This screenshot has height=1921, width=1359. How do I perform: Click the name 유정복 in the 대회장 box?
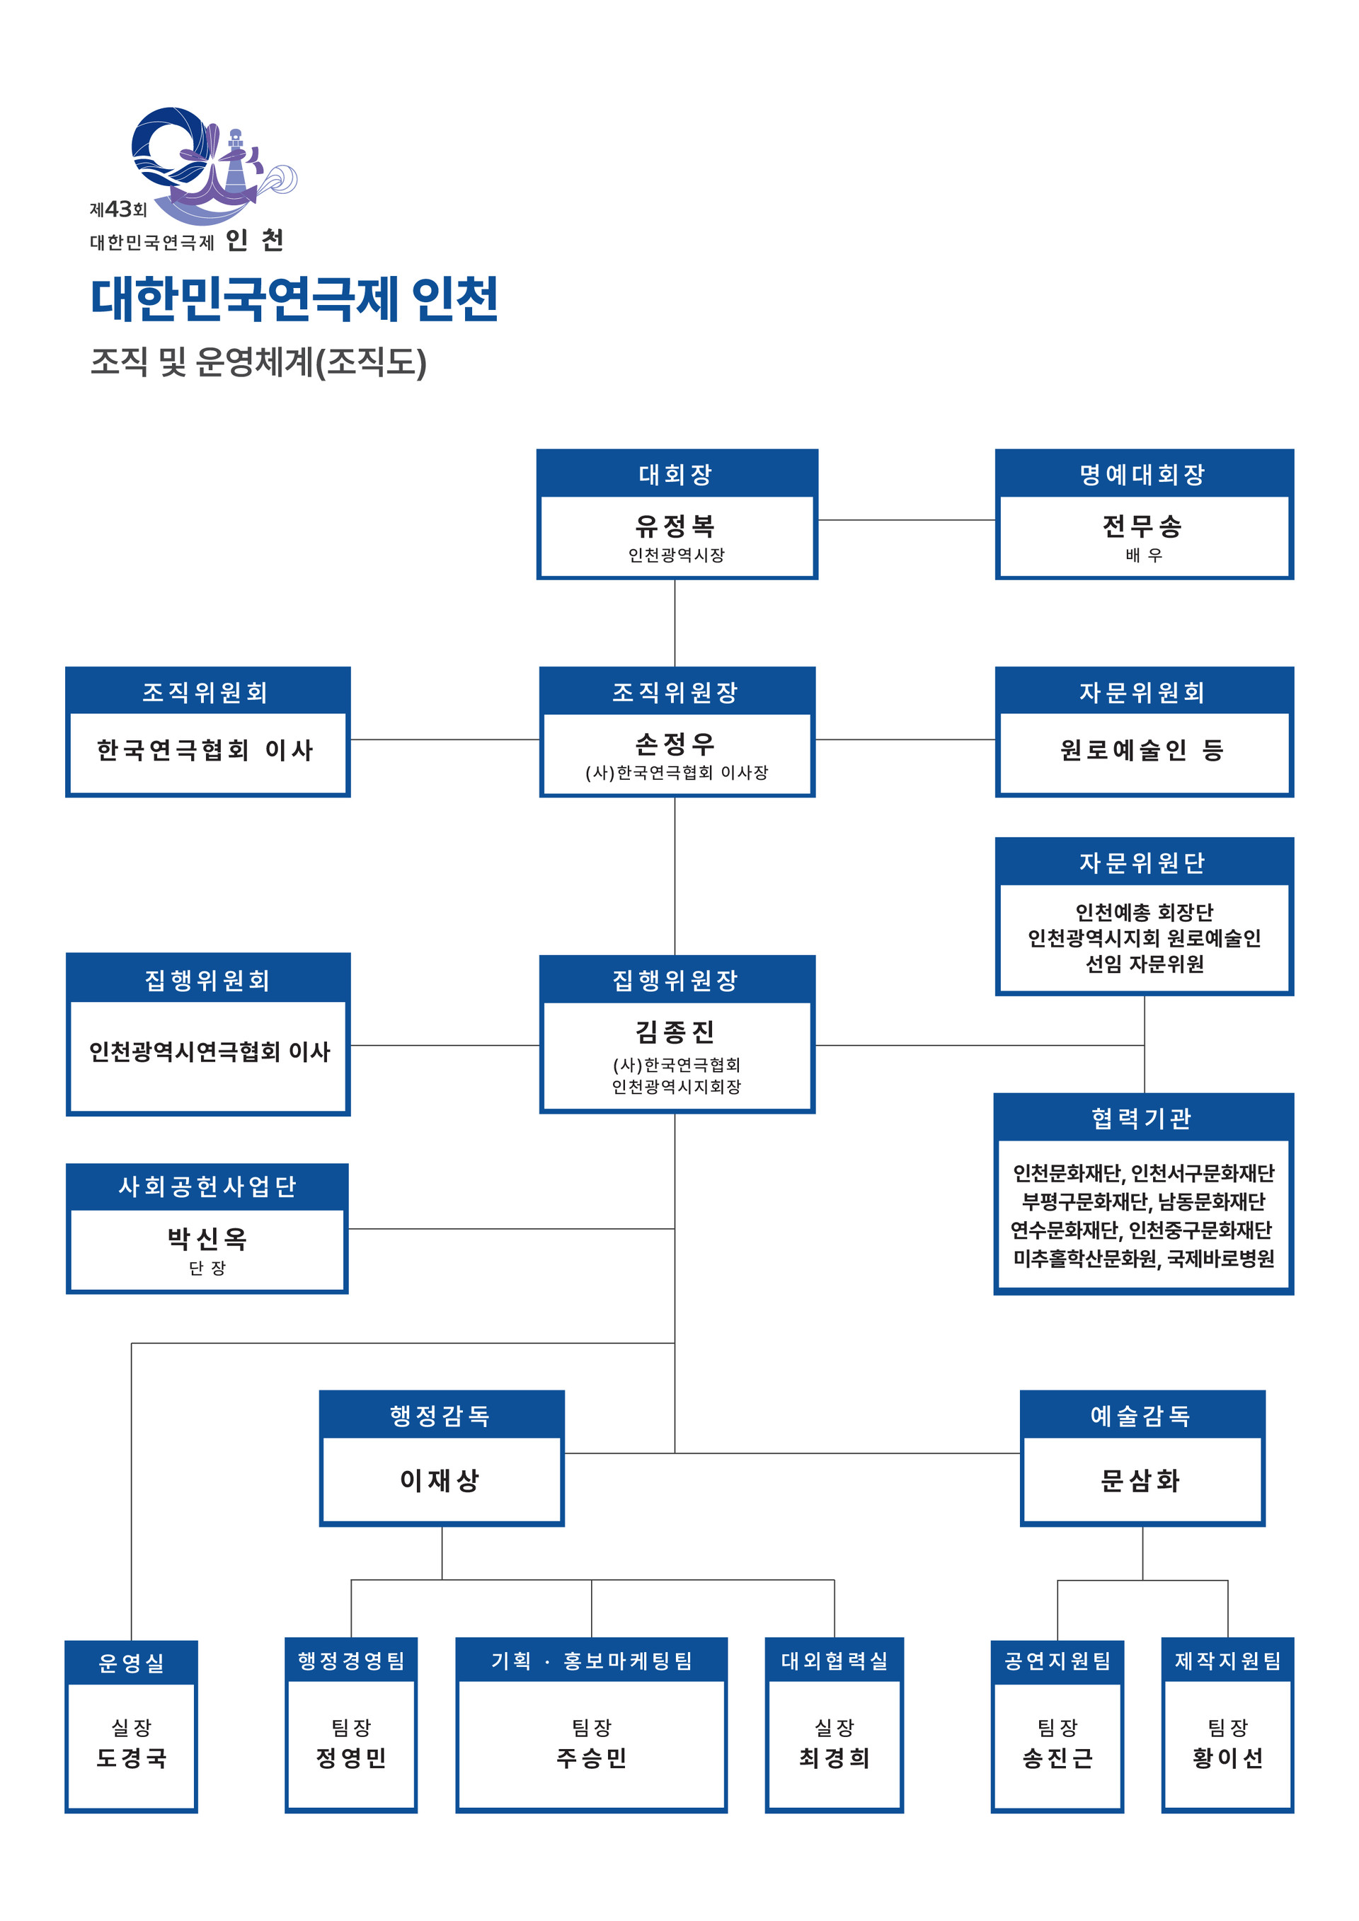pyautogui.click(x=675, y=526)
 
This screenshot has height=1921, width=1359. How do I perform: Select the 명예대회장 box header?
pyautogui.click(x=1143, y=474)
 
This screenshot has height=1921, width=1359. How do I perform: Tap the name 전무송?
pyautogui.click(x=1143, y=526)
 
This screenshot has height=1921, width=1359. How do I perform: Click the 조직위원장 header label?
pyautogui.click(x=675, y=692)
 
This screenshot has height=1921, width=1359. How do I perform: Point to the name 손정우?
pyautogui.click(x=675, y=743)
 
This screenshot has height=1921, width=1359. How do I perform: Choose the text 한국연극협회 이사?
pyautogui.click(x=206, y=750)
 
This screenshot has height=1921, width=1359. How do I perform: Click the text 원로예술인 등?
pyautogui.click(x=1142, y=750)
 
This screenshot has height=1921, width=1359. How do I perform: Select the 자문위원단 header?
pyautogui.click(x=1143, y=863)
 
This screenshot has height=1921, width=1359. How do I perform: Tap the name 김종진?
pyautogui.click(x=675, y=1032)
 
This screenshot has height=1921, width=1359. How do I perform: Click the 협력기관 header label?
pyautogui.click(x=1142, y=1119)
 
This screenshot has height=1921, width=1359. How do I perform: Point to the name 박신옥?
pyautogui.click(x=207, y=1239)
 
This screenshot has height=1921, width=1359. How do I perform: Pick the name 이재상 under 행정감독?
pyautogui.click(x=440, y=1480)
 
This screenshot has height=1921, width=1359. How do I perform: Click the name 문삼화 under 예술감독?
pyautogui.click(x=1142, y=1480)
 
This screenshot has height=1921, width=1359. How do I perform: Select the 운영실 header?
pyautogui.click(x=132, y=1663)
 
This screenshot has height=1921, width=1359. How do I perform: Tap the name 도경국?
pyautogui.click(x=132, y=1758)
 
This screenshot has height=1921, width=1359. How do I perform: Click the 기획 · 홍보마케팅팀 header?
pyautogui.click(x=592, y=1661)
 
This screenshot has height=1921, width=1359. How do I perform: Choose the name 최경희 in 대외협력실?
pyautogui.click(x=835, y=1758)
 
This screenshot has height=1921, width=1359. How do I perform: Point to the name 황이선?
pyautogui.click(x=1227, y=1758)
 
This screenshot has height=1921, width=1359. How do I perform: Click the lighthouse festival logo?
pyautogui.click(x=213, y=166)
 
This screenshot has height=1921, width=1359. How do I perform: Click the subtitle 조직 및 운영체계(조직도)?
pyautogui.click(x=258, y=362)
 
